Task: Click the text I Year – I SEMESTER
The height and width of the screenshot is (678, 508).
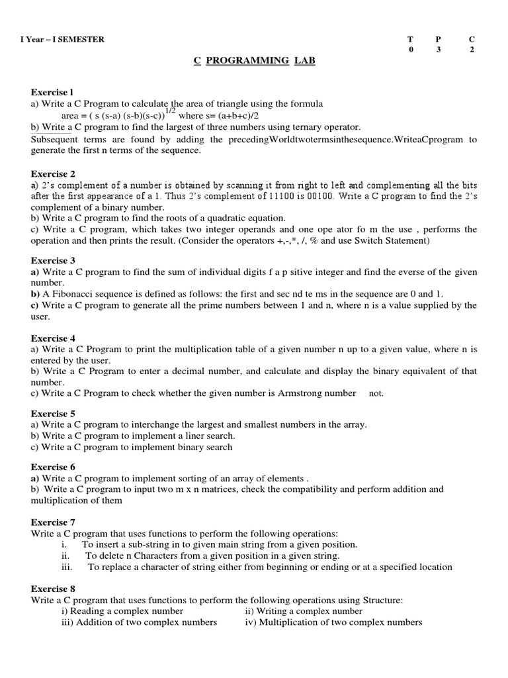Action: coord(62,39)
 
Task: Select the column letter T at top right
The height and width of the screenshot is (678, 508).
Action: coord(411,39)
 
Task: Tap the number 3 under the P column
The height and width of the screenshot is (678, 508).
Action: coord(438,50)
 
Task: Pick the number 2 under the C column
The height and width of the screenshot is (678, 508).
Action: coord(472,50)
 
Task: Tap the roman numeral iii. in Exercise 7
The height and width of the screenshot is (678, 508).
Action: coord(66,567)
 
